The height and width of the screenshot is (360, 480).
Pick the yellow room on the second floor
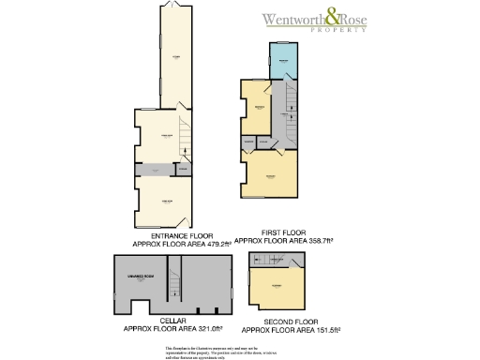pyautogui.click(x=277, y=284)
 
